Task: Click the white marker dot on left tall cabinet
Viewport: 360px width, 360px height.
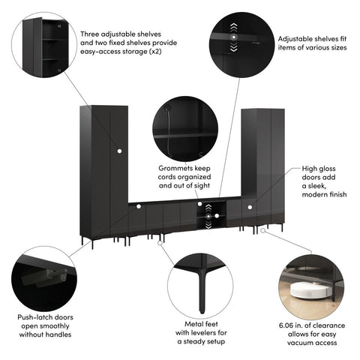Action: coord(118,153)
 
